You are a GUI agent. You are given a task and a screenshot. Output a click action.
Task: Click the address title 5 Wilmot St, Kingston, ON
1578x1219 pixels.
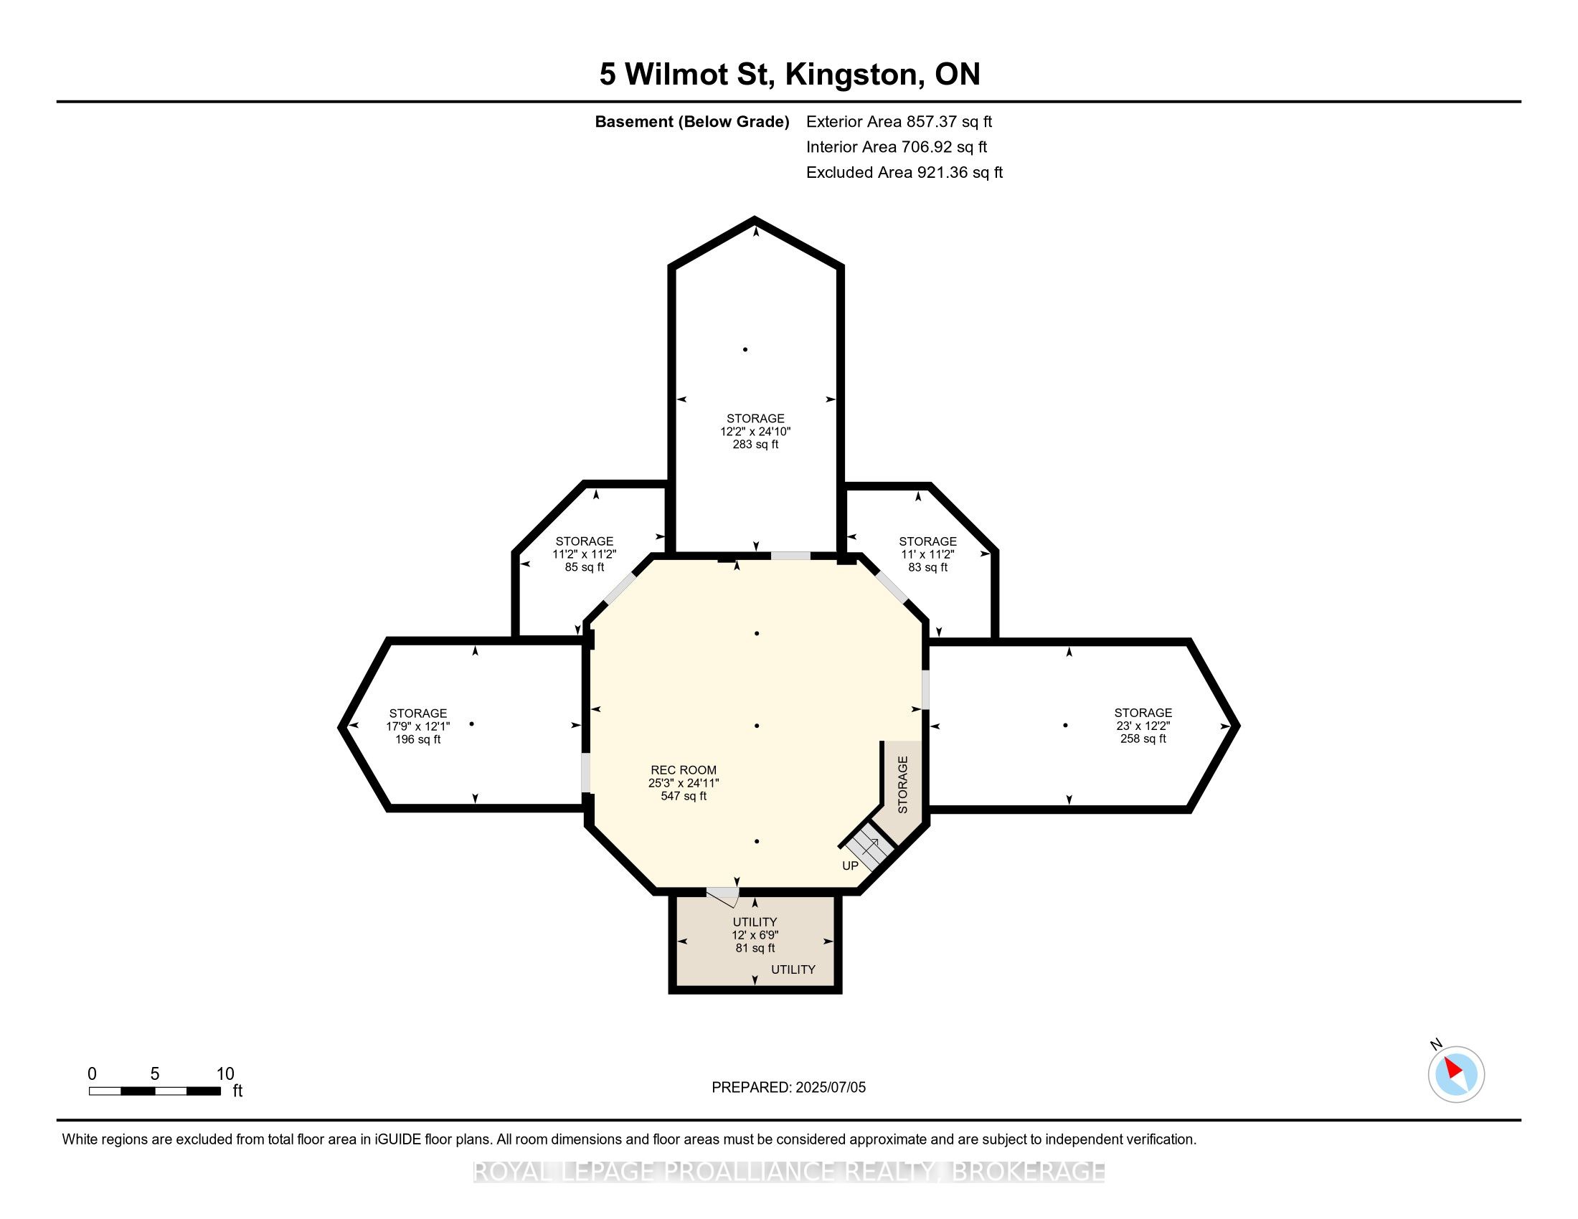coord(790,75)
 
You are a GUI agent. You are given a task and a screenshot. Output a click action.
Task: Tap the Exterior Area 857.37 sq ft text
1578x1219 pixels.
coord(899,122)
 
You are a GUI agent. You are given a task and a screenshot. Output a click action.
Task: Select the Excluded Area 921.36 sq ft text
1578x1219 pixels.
coord(904,173)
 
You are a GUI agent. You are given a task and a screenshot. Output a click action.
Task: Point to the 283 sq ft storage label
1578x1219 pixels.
coord(755,431)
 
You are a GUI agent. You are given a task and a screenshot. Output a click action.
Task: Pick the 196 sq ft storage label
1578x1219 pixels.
coord(417,726)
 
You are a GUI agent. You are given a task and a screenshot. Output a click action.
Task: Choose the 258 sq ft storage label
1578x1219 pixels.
coord(1143,725)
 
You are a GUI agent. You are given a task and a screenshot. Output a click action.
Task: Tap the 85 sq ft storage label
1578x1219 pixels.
coord(584,554)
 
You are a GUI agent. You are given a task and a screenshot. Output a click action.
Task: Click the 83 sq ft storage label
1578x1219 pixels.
coord(927,554)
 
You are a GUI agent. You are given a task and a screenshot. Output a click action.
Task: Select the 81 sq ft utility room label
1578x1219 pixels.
coord(755,934)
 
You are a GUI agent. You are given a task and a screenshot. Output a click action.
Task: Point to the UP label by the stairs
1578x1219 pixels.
coord(851,865)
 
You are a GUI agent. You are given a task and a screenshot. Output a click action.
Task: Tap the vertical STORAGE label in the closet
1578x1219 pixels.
coord(902,785)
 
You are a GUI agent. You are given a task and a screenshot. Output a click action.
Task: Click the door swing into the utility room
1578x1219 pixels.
coord(722,898)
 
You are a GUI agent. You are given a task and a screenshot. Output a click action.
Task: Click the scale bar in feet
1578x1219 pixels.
coord(155,1091)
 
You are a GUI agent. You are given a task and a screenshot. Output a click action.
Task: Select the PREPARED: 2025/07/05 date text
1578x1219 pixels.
coord(788,1087)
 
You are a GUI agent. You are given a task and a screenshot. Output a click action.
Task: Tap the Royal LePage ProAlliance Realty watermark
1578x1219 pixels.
coord(789,1172)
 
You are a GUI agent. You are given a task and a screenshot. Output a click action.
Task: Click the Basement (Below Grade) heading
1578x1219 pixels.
coord(691,122)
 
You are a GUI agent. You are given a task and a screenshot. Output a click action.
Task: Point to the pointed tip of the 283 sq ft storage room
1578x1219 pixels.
coord(755,218)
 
